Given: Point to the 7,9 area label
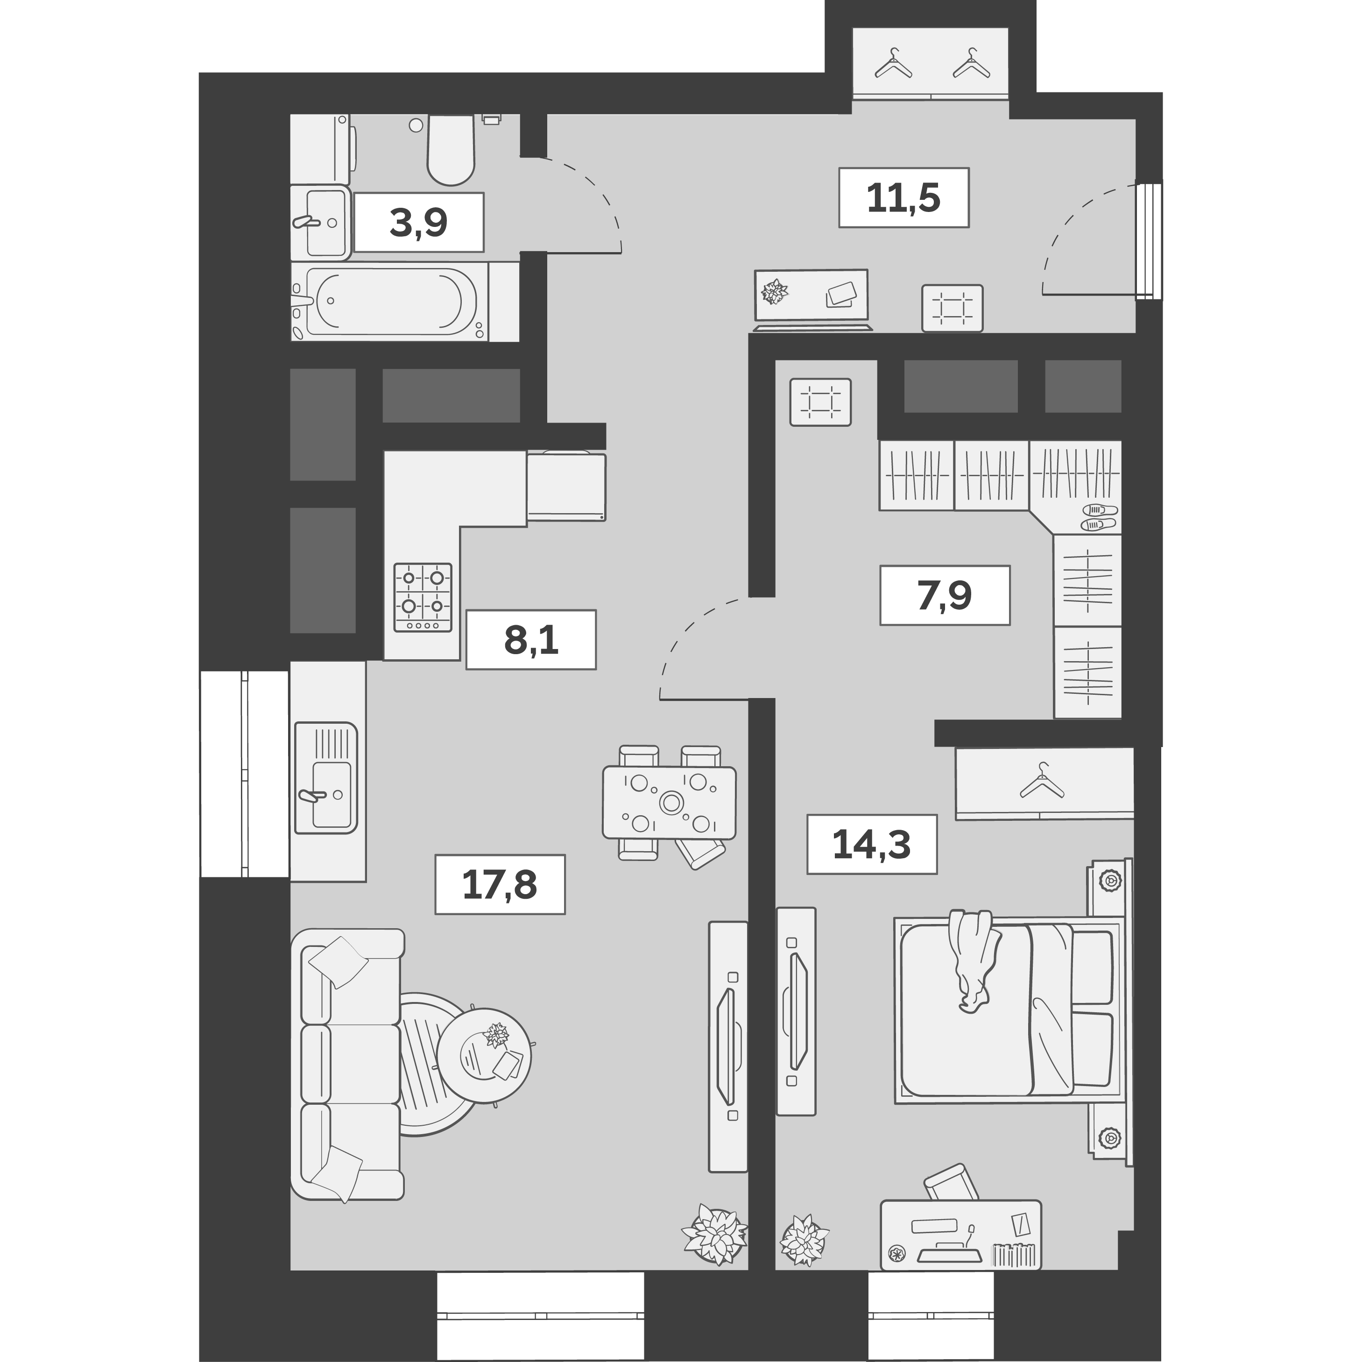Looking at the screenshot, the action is [944, 595].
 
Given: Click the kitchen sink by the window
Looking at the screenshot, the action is [326, 777].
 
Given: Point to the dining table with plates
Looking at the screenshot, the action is [669, 802].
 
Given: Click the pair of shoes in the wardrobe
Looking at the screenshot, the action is [1098, 516].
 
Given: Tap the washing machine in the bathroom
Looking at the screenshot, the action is [321, 149].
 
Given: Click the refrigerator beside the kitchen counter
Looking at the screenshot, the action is [566, 487].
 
